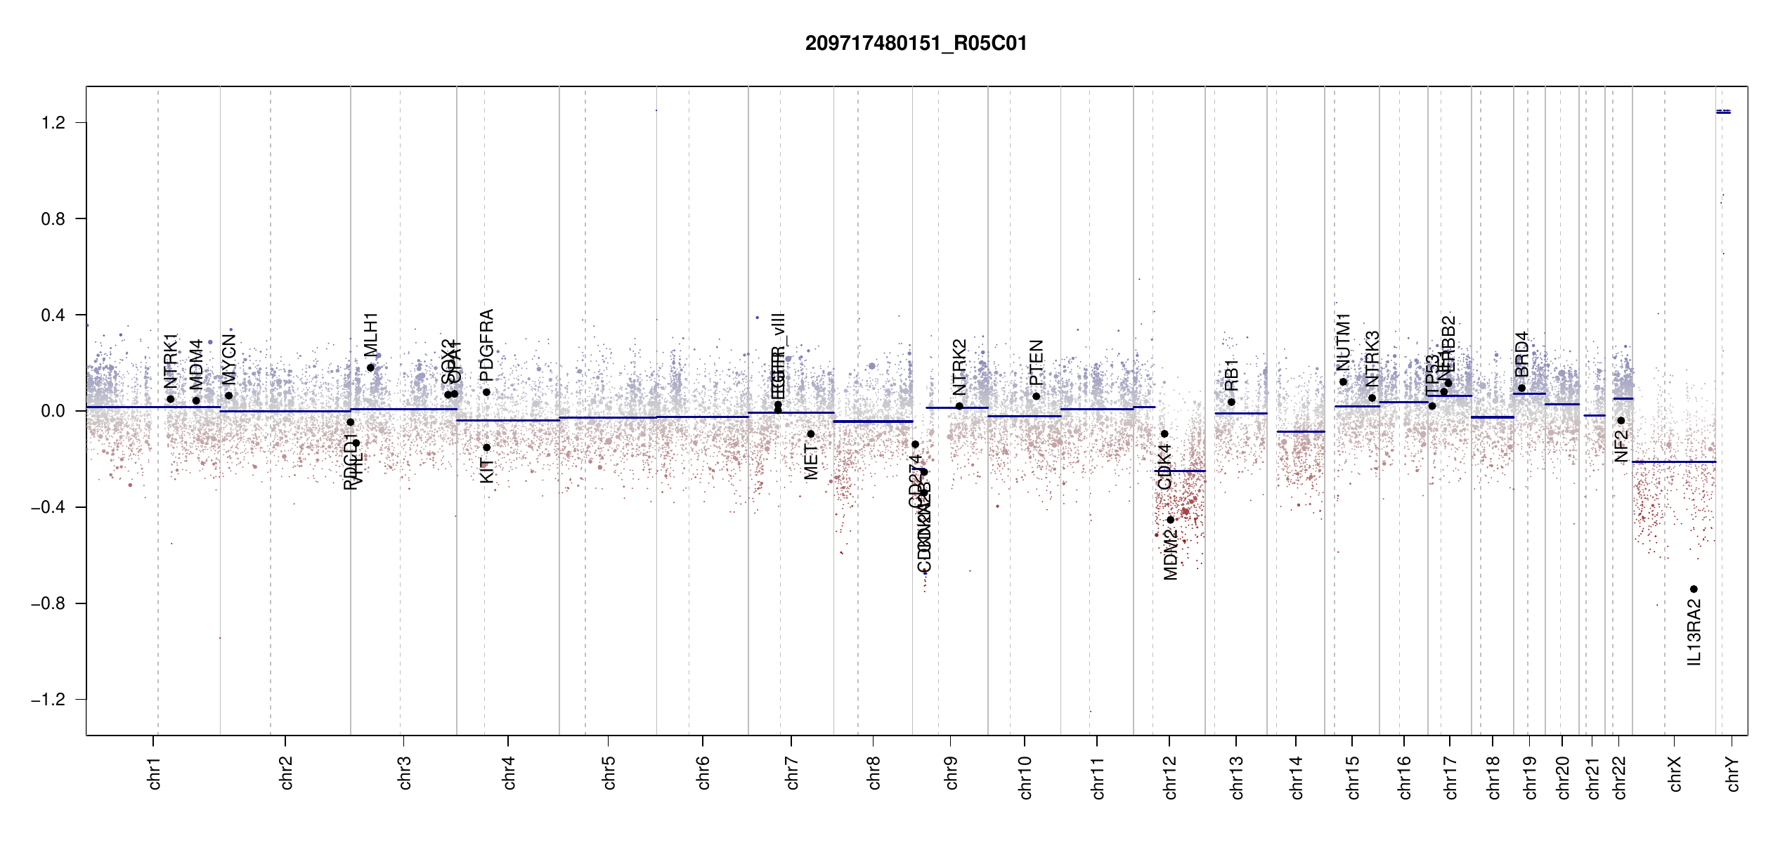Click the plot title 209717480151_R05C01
(916, 44)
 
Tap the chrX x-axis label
(1675, 773)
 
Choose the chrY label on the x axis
(1733, 773)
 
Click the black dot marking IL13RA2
(1694, 589)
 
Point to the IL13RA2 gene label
(1694, 632)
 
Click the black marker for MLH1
(370, 367)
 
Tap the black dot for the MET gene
(810, 434)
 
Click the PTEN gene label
(1036, 362)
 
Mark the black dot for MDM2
(1170, 520)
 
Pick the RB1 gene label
(1231, 375)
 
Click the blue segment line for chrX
(1673, 462)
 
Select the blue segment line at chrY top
(1723, 112)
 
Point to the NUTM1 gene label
(1343, 342)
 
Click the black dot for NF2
(1621, 421)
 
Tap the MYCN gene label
(228, 359)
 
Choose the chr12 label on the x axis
(1170, 777)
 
